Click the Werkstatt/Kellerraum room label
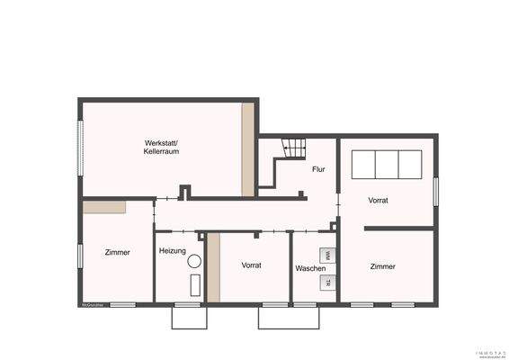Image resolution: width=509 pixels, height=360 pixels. pos(163,148)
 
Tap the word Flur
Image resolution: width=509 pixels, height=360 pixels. pos(318,169)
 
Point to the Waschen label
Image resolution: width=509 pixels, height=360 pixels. pos(310,269)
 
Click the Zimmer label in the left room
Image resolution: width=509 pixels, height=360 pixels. pos(117,252)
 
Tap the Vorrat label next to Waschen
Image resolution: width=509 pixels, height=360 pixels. pos(251,265)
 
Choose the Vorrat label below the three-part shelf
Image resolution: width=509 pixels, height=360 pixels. pos(378,200)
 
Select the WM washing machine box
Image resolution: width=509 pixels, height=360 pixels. pos(327,256)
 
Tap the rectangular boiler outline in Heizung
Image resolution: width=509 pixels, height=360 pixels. pos(195,286)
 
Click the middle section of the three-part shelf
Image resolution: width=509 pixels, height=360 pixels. pos(387,166)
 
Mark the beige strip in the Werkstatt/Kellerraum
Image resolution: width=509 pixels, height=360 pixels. pos(247,149)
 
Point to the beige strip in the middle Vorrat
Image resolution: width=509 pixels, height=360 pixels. pos(213,267)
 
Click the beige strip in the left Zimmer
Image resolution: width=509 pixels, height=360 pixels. pos(104,207)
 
